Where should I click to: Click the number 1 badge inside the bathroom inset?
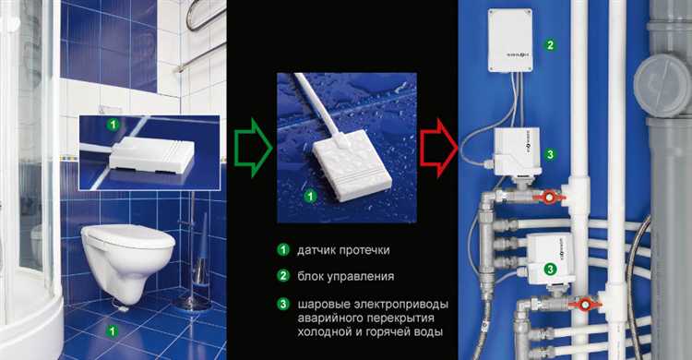[x=113, y=123]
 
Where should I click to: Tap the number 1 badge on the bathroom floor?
[x=113, y=329]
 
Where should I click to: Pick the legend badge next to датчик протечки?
[x=284, y=250]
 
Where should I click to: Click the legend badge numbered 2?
[x=284, y=275]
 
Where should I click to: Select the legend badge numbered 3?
[x=284, y=302]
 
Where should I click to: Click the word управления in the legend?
[x=365, y=275]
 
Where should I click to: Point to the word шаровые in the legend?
[x=322, y=302]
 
